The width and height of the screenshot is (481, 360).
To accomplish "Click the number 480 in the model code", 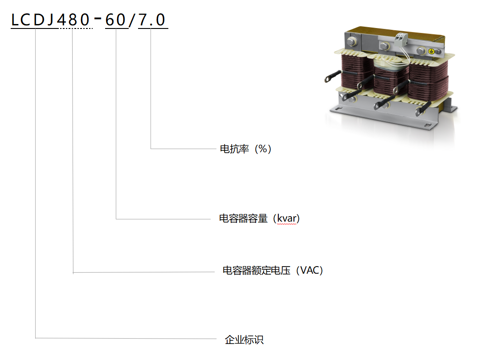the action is pyautogui.click(x=73, y=20).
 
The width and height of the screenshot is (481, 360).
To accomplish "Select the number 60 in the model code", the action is pyautogui.click(x=116, y=20).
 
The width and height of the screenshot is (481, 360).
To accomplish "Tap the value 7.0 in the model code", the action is pyautogui.click(x=152, y=20).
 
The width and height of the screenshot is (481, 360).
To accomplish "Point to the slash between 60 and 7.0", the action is pyautogui.click(x=132, y=20).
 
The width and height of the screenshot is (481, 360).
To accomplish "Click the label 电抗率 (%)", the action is pyautogui.click(x=246, y=149).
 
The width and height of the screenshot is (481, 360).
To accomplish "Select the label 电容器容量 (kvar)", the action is pyautogui.click(x=259, y=218).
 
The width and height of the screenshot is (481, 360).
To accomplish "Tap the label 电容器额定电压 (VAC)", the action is pyautogui.click(x=273, y=270).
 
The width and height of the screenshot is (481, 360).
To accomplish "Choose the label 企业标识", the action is pyautogui.click(x=244, y=340).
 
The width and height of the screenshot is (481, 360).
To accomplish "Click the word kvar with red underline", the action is pyautogui.click(x=287, y=218).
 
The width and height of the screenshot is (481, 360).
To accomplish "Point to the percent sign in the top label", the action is pyautogui.click(x=263, y=149).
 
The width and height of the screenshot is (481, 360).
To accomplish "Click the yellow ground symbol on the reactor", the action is pyautogui.click(x=431, y=51).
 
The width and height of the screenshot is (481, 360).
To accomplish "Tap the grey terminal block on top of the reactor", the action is pyautogui.click(x=401, y=39).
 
